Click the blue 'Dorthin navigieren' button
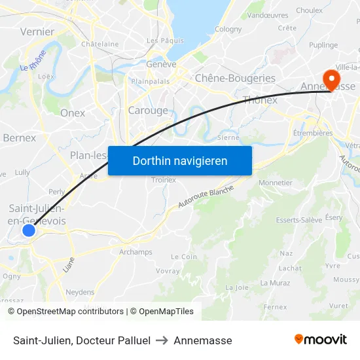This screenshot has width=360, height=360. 180,160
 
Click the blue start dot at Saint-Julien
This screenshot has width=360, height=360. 28,230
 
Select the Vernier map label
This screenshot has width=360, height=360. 37,31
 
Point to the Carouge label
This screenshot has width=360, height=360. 148,111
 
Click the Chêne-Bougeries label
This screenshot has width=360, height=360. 235,78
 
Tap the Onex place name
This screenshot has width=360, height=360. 73,113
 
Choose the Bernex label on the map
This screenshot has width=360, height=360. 19,137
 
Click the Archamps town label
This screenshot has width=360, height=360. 135,252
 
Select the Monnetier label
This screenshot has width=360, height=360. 276,183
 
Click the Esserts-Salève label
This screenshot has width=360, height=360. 298,220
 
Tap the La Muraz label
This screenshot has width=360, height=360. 275,283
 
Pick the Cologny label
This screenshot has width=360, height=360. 228,29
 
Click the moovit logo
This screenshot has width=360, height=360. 321,340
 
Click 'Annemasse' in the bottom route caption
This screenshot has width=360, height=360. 203,340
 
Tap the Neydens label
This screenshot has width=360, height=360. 80,293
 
